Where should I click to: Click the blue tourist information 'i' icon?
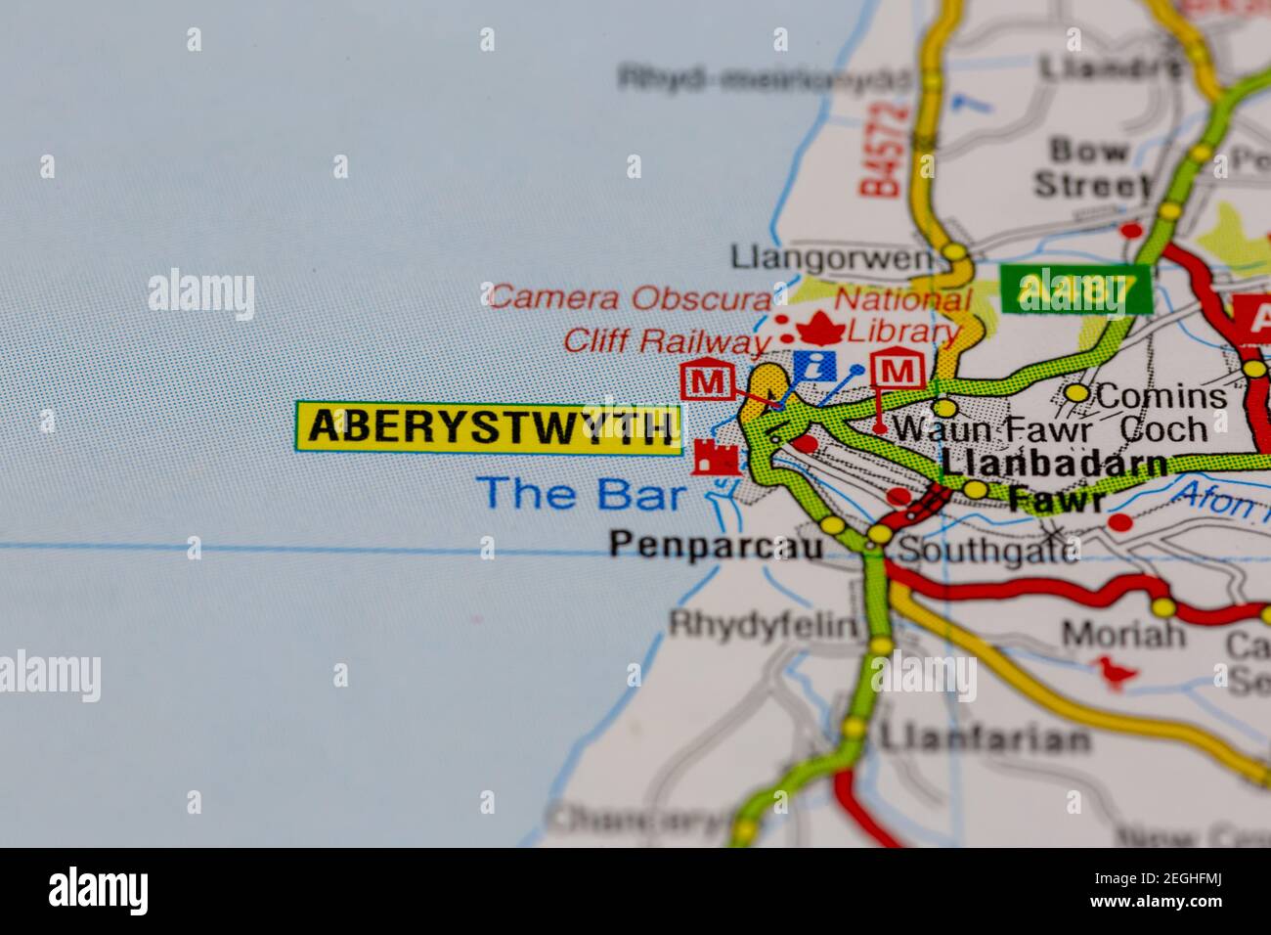pos(814,366)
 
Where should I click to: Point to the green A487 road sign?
pos(1074,289)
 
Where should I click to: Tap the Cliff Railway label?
pos(666,341)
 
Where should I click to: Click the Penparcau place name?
pos(716,545)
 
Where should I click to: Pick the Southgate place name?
pos(988,550)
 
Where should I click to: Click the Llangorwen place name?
pos(832,257)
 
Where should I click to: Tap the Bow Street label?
pos(1091,167)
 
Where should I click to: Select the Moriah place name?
pos(1123,635)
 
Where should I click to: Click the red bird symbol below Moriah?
pos(1115,672)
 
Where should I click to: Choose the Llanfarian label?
pos(984,737)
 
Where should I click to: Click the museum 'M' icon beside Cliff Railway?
pos(707,380)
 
